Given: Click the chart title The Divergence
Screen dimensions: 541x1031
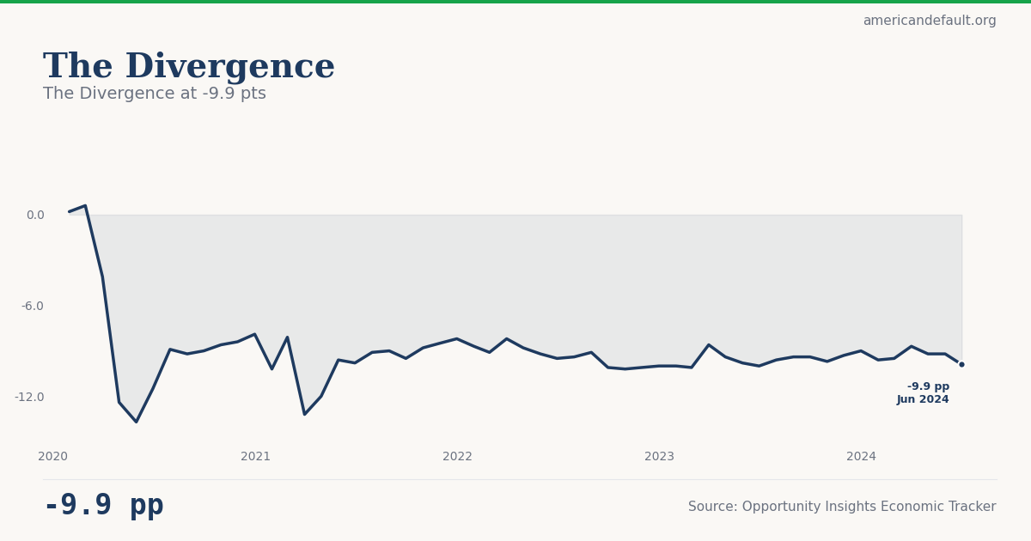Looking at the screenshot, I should pos(189,67).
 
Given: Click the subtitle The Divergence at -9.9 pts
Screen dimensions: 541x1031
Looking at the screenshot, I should pos(155,94).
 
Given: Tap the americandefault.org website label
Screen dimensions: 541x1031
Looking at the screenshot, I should pos(930,21).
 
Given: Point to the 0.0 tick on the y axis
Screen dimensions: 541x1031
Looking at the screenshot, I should pos(35,215).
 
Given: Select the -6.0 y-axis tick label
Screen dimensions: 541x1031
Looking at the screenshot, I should pos(33,306).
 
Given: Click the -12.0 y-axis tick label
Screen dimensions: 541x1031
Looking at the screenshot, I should pos(29,397).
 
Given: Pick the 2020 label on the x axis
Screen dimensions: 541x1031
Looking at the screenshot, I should pos(52,456).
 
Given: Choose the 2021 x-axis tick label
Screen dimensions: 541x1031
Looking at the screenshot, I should pos(255,456).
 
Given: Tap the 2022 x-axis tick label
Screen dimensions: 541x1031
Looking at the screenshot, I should pos(457,456).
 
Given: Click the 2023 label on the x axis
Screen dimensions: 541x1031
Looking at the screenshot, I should pos(659,456).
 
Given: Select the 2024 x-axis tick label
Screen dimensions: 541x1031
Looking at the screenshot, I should pos(861,456).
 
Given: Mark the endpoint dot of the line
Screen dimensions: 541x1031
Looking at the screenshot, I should pos(961,364).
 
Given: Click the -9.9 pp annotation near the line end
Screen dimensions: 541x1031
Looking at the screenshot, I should pos(928,386).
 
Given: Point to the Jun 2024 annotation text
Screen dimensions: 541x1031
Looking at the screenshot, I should pos(923,399).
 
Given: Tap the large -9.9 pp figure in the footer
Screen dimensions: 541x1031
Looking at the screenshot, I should pos(103,506).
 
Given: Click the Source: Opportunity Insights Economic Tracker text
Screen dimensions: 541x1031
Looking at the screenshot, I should pos(842,507).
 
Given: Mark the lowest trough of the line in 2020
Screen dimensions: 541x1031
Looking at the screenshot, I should pos(136,422).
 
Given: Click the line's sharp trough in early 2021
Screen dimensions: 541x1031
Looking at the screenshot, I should pos(304,414).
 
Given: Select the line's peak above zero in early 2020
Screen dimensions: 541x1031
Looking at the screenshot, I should pos(85,206).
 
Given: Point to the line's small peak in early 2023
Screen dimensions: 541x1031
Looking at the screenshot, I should pos(709,344).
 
